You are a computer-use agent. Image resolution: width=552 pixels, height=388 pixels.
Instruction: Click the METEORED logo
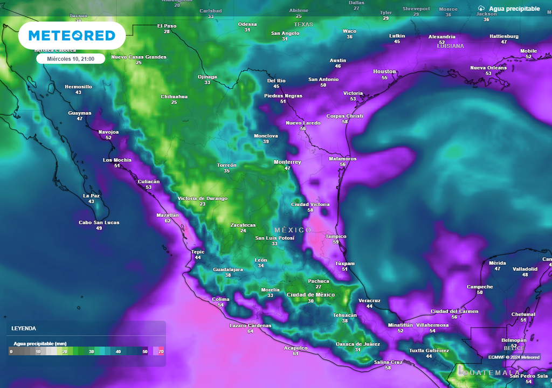pyautogui.click(x=72, y=36)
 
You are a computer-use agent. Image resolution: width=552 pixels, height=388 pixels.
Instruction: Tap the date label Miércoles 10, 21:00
pyautogui.click(x=71, y=59)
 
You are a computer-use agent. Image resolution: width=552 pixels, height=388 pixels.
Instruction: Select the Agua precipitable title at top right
pyautogui.click(x=514, y=9)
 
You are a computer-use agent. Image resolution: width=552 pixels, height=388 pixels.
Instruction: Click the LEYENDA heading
pyautogui.click(x=24, y=328)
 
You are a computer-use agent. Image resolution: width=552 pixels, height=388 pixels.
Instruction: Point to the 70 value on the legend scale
pyautogui.click(x=161, y=351)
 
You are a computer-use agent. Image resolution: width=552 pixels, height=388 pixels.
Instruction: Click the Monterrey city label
pyautogui.click(x=287, y=162)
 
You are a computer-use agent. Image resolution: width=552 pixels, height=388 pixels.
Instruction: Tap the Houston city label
pyautogui.click(x=384, y=72)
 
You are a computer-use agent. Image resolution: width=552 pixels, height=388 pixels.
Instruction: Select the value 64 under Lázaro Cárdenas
pyautogui.click(x=250, y=331)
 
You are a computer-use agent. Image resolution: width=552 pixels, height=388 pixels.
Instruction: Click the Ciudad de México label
pyautogui.click(x=310, y=295)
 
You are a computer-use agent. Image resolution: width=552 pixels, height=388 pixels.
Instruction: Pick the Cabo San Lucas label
pyautogui.click(x=99, y=223)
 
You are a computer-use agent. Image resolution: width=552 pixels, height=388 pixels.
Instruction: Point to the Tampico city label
pyautogui.click(x=336, y=237)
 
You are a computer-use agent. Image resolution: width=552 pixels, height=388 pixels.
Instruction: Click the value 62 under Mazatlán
pyautogui.click(x=168, y=221)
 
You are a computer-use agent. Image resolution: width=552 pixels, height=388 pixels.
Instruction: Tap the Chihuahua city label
pyautogui.click(x=174, y=96)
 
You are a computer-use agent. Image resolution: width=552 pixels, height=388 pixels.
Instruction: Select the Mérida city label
pyautogui.click(x=498, y=262)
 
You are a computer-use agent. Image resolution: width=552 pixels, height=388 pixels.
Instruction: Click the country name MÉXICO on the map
pyautogui.click(x=293, y=230)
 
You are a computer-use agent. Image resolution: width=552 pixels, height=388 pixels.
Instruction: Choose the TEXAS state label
pyautogui.click(x=303, y=24)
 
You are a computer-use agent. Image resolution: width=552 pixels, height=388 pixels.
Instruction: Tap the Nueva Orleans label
pyautogui.click(x=488, y=67)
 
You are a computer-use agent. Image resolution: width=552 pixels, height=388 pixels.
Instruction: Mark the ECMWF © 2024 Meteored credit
pyautogui.click(x=514, y=357)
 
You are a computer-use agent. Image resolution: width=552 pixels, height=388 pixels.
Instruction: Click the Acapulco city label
pyautogui.click(x=295, y=348)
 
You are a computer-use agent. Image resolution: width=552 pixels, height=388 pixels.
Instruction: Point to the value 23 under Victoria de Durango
pyautogui.click(x=203, y=204)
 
